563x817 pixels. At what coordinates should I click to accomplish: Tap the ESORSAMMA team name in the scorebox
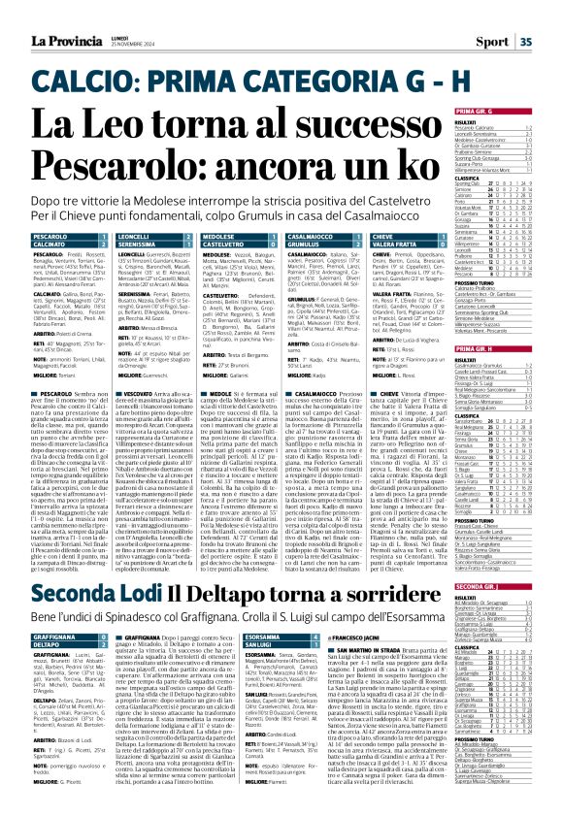(x=263, y=637)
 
